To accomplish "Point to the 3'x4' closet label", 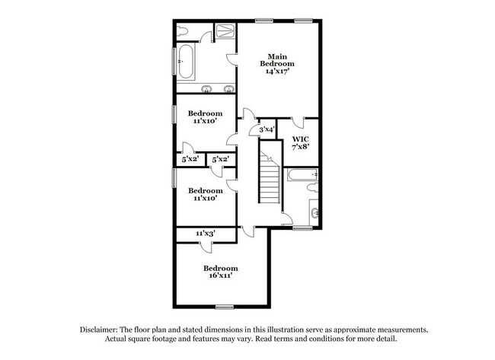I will click(x=267, y=129).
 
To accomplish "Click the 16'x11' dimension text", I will click(x=221, y=276).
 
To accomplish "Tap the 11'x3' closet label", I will click(x=206, y=233).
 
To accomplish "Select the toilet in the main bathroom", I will click(x=183, y=31).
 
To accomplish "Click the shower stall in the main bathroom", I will click(x=225, y=31).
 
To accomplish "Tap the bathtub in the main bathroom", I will click(x=186, y=60).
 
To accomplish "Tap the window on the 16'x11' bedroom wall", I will click(x=223, y=307).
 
